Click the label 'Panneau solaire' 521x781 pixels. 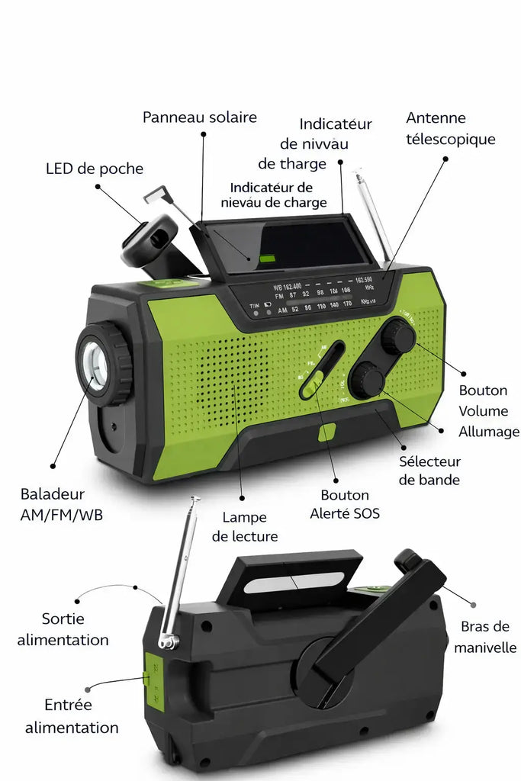[x=200, y=117]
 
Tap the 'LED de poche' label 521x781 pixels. [x=94, y=169]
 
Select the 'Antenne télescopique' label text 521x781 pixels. [x=450, y=128]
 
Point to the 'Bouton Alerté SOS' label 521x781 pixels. [x=345, y=504]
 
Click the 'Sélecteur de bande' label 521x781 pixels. [x=429, y=471]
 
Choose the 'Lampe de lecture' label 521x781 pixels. [x=245, y=527]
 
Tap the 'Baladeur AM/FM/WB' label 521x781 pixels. [x=61, y=504]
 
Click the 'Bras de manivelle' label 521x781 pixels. [x=485, y=637]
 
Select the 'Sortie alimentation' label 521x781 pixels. [x=63, y=629]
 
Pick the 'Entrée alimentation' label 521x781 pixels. [x=72, y=716]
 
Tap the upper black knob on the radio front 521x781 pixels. [x=398, y=336]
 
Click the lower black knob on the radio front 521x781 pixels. [x=368, y=379]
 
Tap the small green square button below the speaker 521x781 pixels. [x=326, y=432]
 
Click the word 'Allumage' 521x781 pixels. [x=489, y=432]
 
